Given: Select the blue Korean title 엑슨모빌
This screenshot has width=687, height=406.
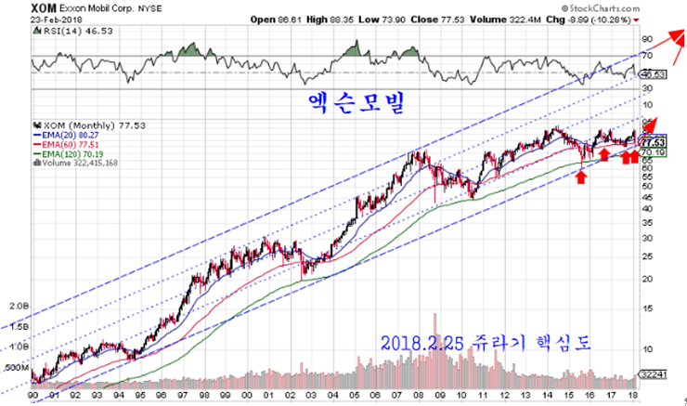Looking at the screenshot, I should [357, 103].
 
